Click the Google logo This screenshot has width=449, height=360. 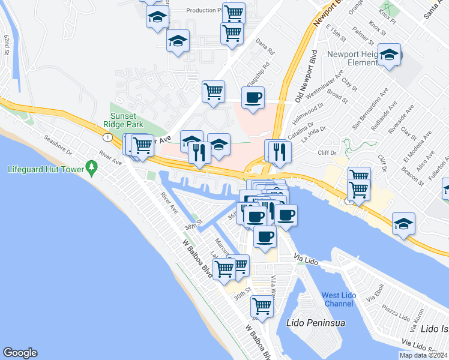click(x=20, y=353)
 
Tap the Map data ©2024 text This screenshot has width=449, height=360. click(x=423, y=355)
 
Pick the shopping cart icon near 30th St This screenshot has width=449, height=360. click(x=262, y=306)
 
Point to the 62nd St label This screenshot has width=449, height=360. click(x=8, y=44)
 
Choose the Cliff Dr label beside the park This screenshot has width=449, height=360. click(x=328, y=152)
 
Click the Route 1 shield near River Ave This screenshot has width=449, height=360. click(x=106, y=138)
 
